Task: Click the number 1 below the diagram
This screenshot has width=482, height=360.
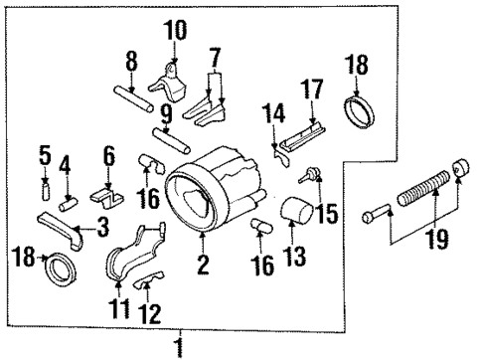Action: click(x=180, y=346)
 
